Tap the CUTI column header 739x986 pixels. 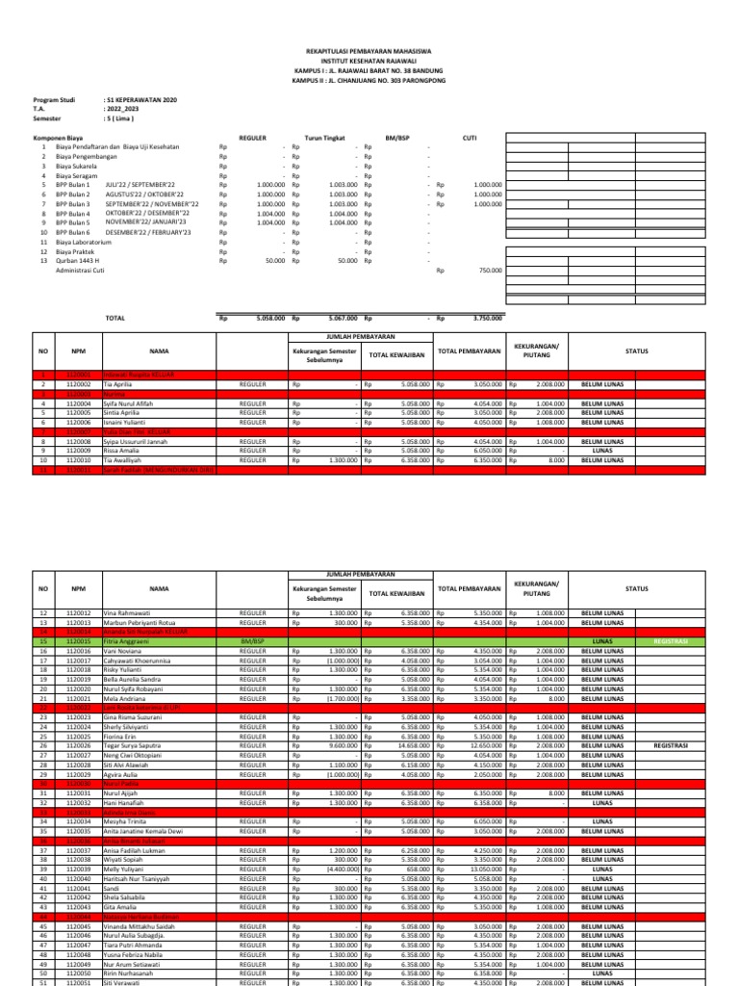click(470, 138)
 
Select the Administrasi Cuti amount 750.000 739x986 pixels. click(490, 271)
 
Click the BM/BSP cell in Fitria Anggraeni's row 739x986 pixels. click(252, 640)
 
